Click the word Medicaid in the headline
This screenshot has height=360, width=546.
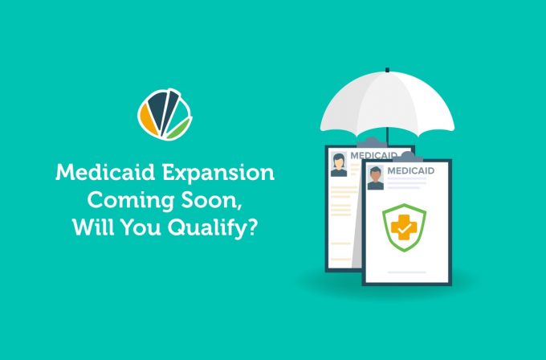pos(105,172)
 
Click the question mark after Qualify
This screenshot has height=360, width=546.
pos(252,227)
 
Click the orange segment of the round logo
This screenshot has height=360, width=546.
pos(148,120)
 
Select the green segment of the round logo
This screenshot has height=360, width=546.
pos(179,128)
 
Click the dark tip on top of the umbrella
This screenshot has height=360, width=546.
pos(387,70)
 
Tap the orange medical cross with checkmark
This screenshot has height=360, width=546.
pos(404,227)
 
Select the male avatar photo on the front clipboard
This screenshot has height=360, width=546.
pos(376,178)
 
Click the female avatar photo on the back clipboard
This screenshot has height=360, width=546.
pos(339,165)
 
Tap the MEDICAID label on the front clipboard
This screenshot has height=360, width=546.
pos(411,171)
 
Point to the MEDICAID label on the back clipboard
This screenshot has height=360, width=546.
pos(373,155)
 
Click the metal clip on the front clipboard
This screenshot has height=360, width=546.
pos(407,157)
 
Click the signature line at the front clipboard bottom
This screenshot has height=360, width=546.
pos(407,272)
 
